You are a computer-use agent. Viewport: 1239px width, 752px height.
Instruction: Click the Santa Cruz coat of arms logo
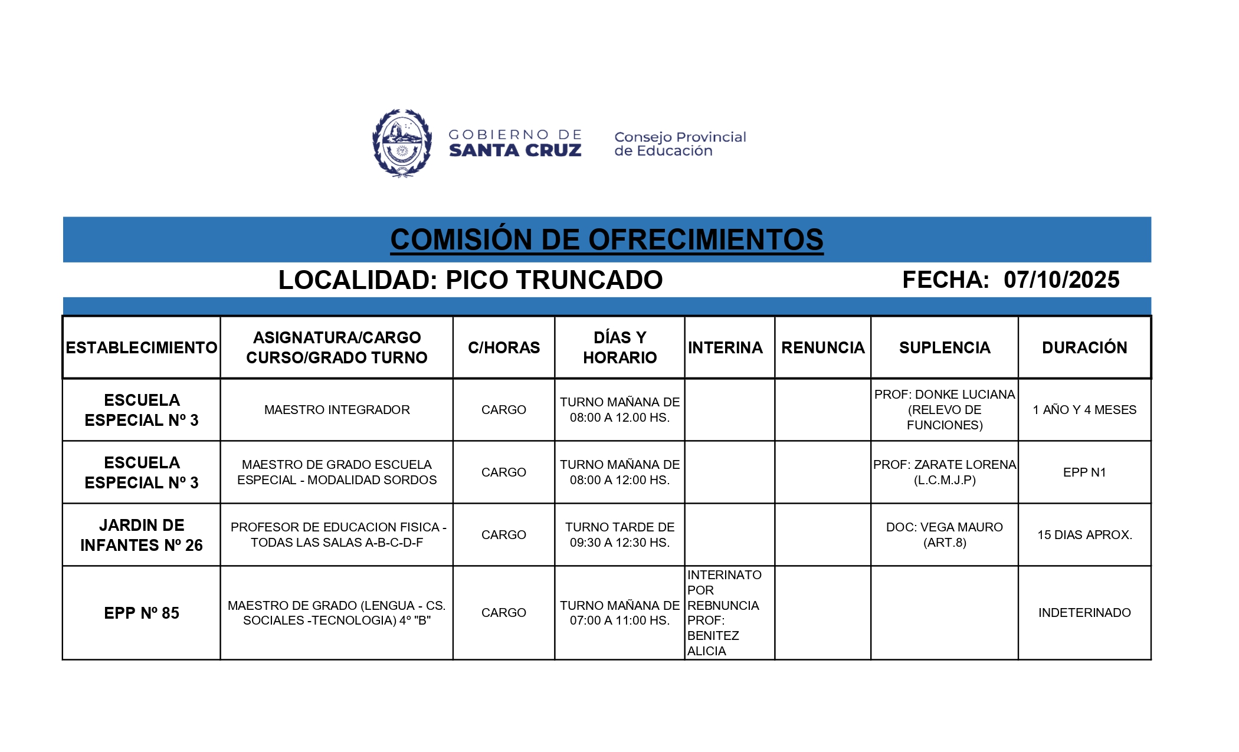coord(402,143)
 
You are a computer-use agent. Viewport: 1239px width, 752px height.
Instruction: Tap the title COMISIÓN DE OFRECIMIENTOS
coord(607,239)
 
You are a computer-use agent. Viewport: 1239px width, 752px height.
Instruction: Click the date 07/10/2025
coord(1061,280)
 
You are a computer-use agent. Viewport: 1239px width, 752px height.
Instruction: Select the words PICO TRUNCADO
coord(554,280)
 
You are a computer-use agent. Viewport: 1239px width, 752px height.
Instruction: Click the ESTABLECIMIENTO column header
coord(142,347)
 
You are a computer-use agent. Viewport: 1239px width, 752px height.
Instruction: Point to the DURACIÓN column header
coord(1084,347)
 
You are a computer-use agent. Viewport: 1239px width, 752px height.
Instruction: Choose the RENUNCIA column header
coord(822,347)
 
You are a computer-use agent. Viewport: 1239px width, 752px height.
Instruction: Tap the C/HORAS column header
coord(504,347)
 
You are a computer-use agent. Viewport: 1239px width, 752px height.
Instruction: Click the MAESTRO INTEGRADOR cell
coord(337,410)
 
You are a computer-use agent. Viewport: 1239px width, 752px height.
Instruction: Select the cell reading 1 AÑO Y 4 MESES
coord(1084,410)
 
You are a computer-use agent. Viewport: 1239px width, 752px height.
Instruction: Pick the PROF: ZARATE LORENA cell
coord(945,472)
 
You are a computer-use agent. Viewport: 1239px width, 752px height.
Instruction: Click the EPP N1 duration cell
coord(1084,472)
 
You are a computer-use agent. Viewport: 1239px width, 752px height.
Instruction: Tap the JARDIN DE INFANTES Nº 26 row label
coord(142,535)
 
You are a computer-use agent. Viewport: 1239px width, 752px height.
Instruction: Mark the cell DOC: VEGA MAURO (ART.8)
coord(945,535)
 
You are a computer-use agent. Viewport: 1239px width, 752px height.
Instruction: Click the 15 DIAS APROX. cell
coord(1084,535)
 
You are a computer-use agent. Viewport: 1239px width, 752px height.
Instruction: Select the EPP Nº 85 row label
coord(142,613)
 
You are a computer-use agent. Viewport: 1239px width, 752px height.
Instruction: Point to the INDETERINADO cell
coord(1084,613)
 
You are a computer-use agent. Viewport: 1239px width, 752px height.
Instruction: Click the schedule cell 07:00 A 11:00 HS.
coord(619,613)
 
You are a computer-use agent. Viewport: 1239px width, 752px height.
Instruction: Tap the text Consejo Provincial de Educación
coord(680,144)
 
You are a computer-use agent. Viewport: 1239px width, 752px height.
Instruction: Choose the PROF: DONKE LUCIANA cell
coord(945,410)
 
